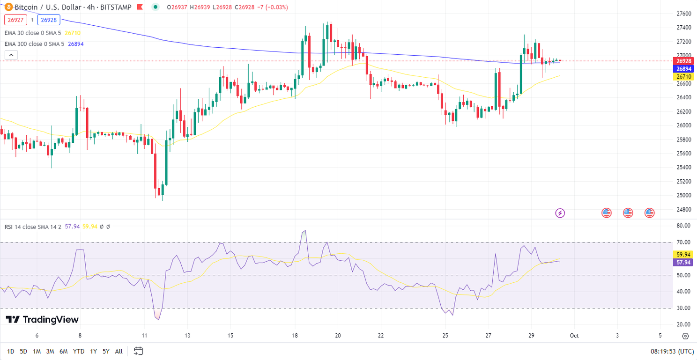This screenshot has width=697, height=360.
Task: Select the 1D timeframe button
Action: [10, 351]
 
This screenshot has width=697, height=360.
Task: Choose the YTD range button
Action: [79, 351]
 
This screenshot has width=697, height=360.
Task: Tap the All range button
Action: [119, 351]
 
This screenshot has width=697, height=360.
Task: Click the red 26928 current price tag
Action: [684, 61]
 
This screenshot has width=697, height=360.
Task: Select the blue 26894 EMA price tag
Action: [684, 69]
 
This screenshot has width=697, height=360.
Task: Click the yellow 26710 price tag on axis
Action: [684, 76]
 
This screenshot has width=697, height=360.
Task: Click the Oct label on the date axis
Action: [574, 336]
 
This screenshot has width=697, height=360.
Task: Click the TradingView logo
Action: [42, 320]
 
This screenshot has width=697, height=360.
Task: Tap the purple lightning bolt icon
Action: [560, 213]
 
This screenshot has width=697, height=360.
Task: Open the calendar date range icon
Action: [138, 351]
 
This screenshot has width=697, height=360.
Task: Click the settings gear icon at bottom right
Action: [685, 336]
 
